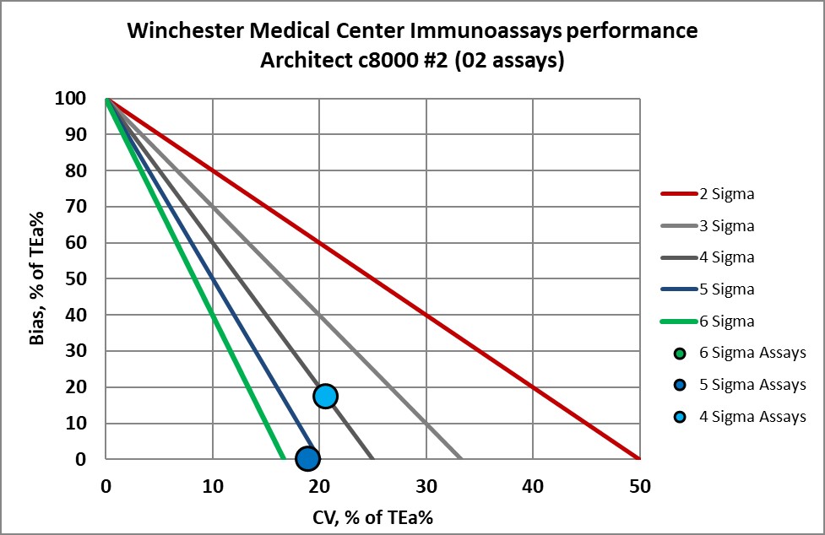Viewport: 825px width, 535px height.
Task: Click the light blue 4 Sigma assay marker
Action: coord(325,396)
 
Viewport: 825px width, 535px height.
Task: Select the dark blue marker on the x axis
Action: coord(307,458)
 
